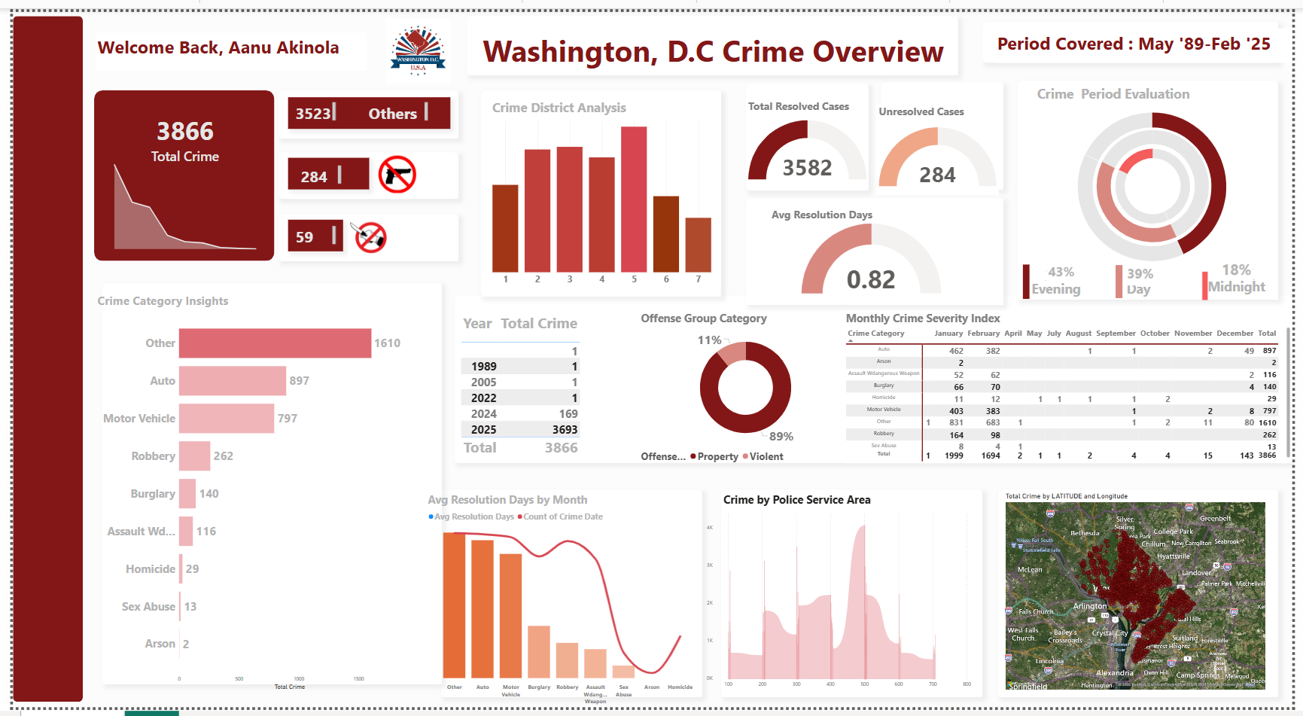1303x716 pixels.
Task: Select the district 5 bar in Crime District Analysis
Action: click(x=634, y=199)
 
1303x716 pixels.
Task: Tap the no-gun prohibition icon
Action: click(x=397, y=175)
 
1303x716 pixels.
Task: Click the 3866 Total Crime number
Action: click(x=185, y=132)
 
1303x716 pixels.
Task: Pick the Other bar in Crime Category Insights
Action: click(x=275, y=343)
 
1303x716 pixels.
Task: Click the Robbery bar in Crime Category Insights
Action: click(x=194, y=456)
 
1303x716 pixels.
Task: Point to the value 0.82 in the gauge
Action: click(x=871, y=280)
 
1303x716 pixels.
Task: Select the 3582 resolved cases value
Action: click(x=807, y=168)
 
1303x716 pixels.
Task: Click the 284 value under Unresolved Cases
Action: click(x=937, y=175)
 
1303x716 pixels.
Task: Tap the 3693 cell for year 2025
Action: click(x=565, y=430)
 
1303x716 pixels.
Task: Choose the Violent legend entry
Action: click(x=766, y=456)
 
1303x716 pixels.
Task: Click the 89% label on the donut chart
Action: click(x=781, y=437)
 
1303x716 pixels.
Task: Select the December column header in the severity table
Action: click(x=1235, y=333)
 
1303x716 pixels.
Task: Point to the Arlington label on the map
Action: click(x=1090, y=606)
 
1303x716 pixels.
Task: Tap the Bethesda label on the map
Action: click(x=1085, y=533)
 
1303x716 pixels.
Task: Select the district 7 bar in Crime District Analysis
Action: click(x=698, y=245)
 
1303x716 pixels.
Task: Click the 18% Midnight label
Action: click(x=1237, y=279)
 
